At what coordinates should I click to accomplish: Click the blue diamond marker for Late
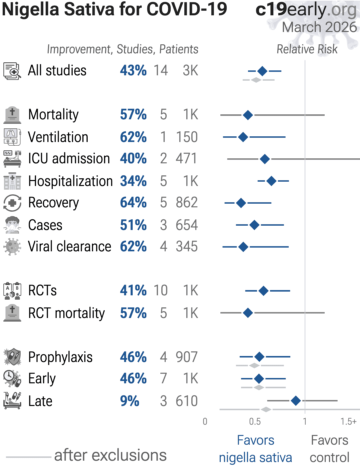(x=296, y=400)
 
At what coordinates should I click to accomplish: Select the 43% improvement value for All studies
(x=133, y=71)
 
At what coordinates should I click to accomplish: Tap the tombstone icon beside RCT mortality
(x=12, y=313)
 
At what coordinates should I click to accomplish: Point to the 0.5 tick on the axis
(x=255, y=421)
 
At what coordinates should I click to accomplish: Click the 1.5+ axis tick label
(x=348, y=421)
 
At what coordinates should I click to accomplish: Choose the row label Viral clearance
(x=69, y=247)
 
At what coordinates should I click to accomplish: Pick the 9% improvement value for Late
(x=130, y=401)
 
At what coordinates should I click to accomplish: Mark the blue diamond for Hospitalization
(x=272, y=181)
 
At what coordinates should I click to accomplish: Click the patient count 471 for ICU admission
(x=187, y=159)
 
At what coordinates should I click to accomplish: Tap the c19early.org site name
(x=306, y=10)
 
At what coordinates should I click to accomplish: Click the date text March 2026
(x=319, y=27)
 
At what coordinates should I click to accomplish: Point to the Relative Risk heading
(x=307, y=49)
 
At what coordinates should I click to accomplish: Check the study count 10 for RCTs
(x=160, y=290)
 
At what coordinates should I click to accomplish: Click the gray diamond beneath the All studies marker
(x=256, y=80)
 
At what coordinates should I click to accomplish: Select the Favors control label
(x=329, y=449)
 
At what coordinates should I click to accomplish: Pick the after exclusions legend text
(x=110, y=455)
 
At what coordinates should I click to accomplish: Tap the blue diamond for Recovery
(x=241, y=203)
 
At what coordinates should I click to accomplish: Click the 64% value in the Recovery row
(x=133, y=203)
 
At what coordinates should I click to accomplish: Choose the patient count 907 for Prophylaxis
(x=187, y=357)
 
